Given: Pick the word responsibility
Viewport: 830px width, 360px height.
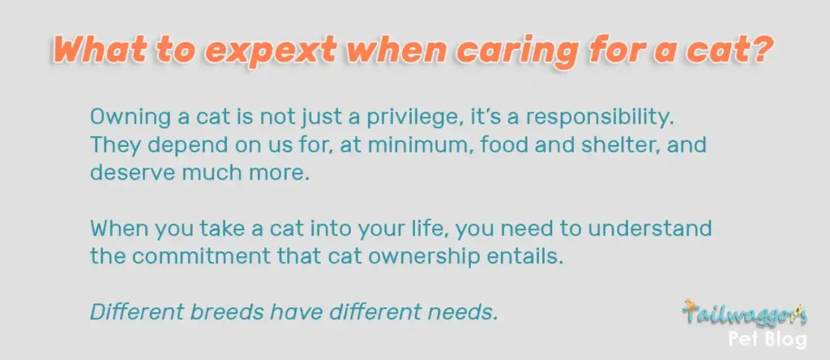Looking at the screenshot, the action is [600, 118].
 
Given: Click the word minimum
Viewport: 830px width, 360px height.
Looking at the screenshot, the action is [416, 145].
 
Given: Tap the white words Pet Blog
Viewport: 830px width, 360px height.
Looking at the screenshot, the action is [768, 339].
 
